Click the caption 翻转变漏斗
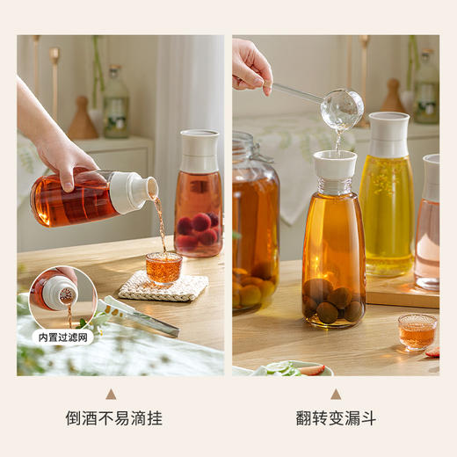tap(336, 418)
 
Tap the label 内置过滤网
tap(62, 336)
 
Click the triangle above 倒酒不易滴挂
tap(111, 394)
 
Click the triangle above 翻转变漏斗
tap(336, 394)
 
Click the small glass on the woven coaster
tap(163, 267)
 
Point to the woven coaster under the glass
tap(163, 287)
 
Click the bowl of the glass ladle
tap(341, 109)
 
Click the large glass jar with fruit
tap(255, 228)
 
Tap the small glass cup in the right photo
tap(417, 330)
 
